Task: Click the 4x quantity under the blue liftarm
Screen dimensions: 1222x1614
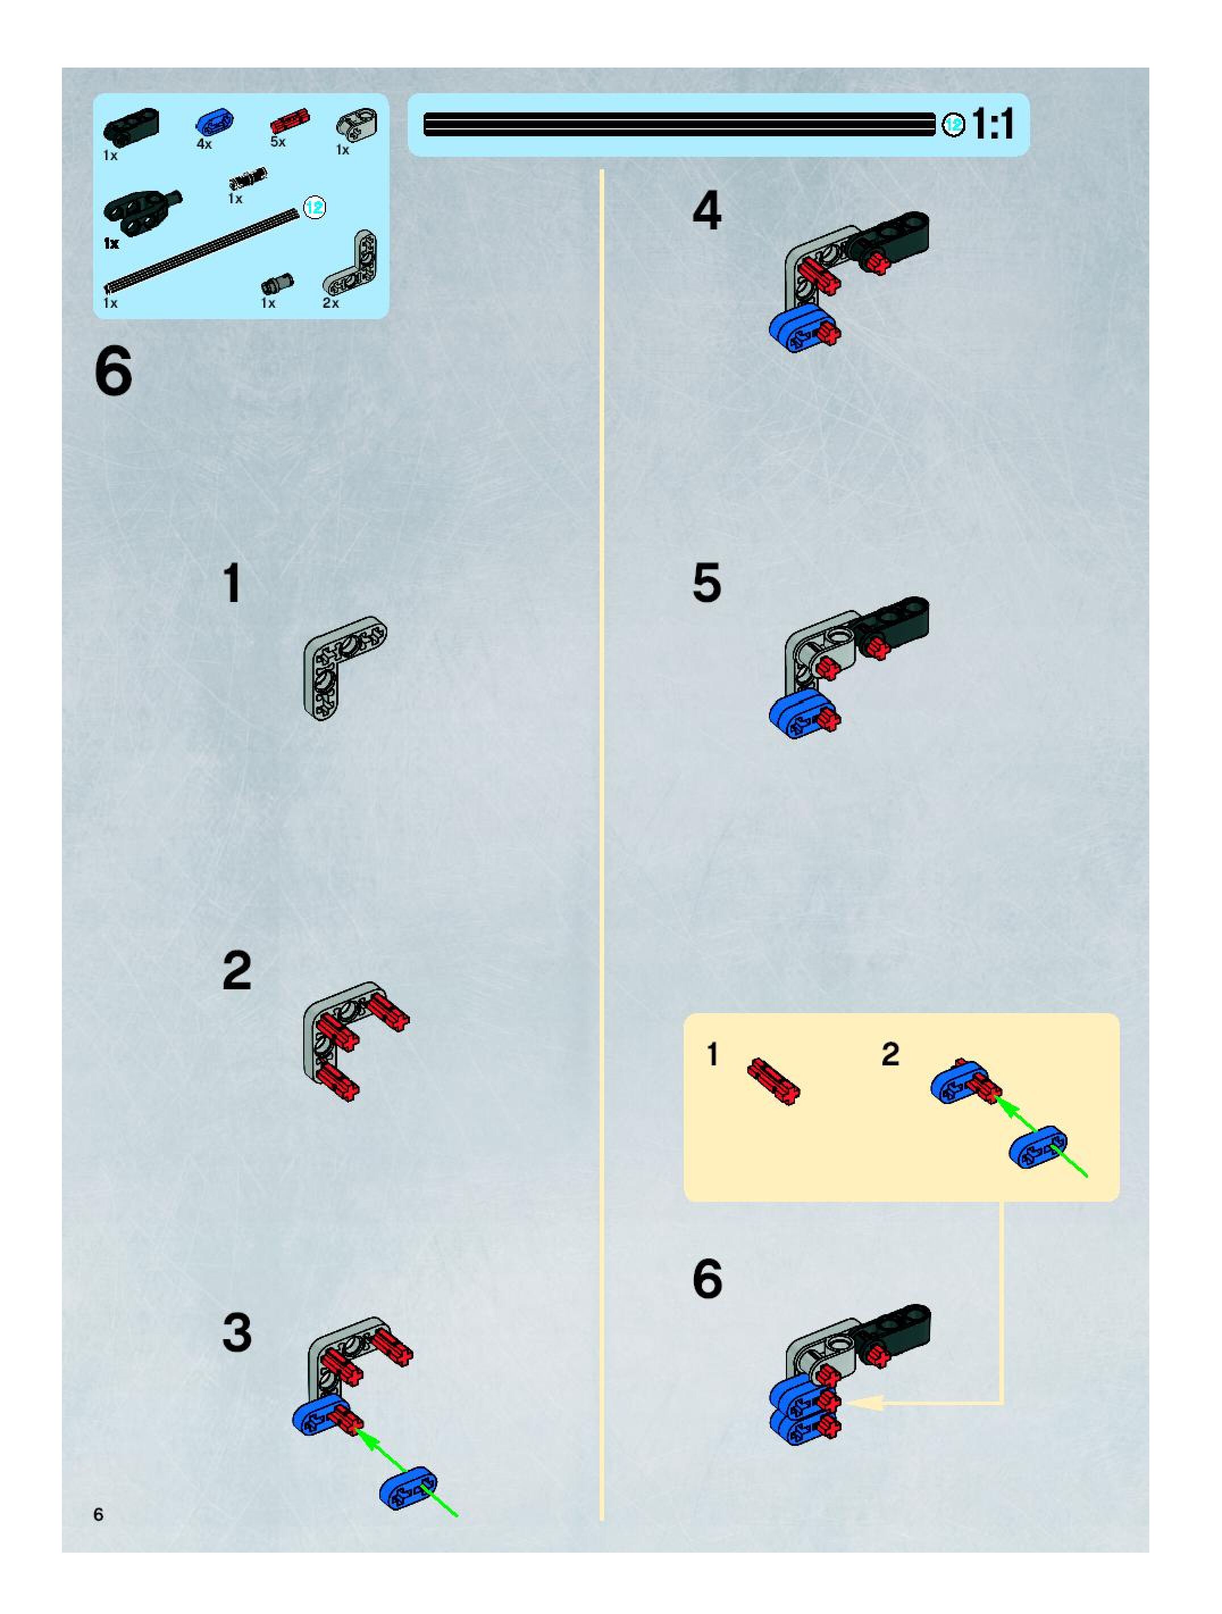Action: coord(204,144)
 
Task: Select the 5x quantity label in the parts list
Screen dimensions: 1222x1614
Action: coord(278,141)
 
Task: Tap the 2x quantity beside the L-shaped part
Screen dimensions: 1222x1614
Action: coord(330,303)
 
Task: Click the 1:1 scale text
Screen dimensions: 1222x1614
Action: coord(994,124)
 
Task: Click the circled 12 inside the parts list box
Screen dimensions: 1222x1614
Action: coord(315,208)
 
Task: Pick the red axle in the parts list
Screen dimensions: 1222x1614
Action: coord(290,120)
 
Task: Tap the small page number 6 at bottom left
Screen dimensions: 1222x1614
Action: coord(98,1514)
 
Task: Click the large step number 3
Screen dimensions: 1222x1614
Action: coord(237,1332)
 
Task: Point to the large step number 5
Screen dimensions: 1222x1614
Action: coord(706,583)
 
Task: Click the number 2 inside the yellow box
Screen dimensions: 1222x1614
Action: coord(890,1055)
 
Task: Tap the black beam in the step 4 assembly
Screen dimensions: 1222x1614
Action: coord(892,238)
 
